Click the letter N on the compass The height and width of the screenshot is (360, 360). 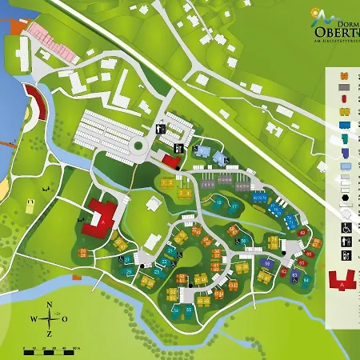pos(50,305)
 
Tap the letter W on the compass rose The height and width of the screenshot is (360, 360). pos(34,319)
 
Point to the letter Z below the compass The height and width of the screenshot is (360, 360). pos(50,334)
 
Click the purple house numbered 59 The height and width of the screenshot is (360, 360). pos(266,264)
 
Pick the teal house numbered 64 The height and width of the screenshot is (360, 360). pos(306,281)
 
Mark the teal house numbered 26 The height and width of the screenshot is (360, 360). pos(130,273)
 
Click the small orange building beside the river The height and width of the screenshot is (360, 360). pos(77,278)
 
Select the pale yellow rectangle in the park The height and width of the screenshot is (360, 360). pos(30,206)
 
